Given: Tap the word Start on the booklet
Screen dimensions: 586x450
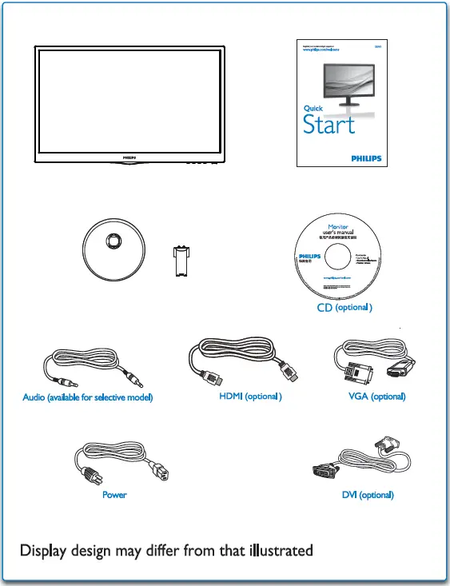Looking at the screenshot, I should pos(329,126).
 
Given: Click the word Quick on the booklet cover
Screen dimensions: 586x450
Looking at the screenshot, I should pos(313,108).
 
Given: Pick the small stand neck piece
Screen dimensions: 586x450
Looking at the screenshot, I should pos(180,261).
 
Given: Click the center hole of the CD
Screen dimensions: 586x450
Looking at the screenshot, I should pos(340,257).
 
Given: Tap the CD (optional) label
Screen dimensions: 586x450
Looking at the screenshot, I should pos(341,307).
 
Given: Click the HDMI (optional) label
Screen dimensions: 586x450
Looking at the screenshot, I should pos(251,397).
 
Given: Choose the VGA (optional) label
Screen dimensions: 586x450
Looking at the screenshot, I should pos(376,397).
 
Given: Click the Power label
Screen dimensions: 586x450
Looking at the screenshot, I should pos(114,495).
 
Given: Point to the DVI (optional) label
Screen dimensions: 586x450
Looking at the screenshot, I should pos(368,495).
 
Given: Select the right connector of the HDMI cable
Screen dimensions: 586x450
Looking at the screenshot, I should pos(289,371).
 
